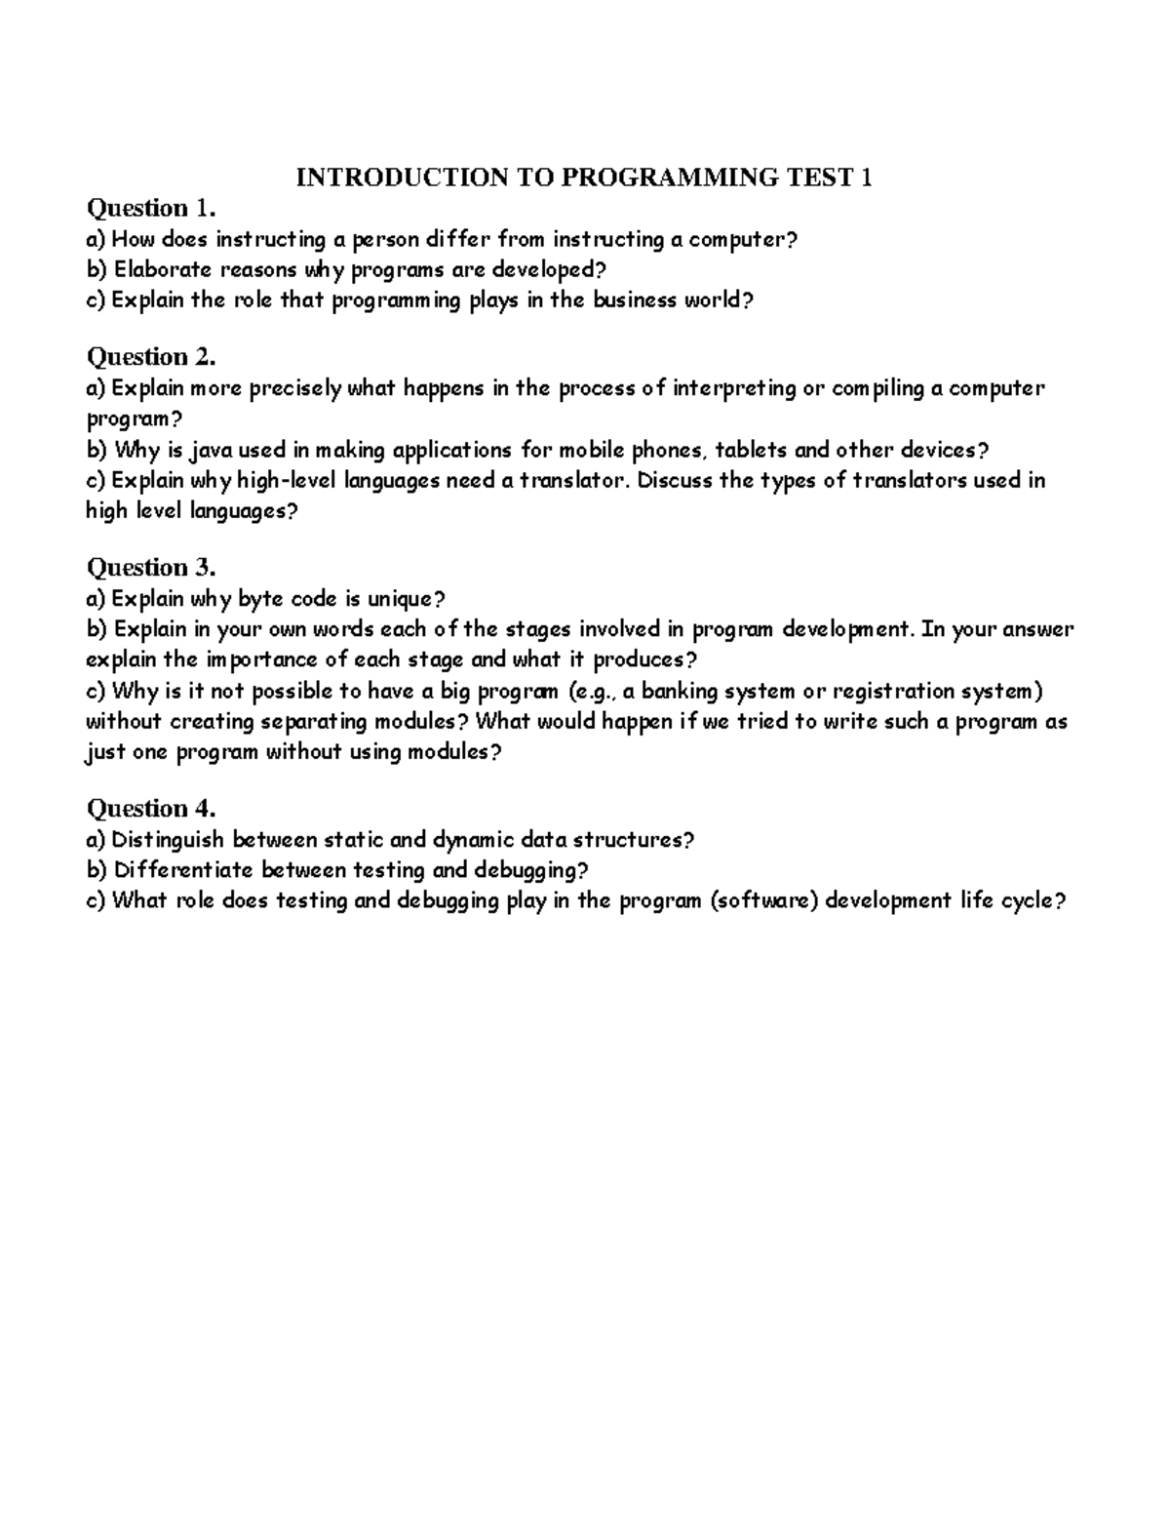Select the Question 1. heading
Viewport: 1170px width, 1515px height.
(150, 208)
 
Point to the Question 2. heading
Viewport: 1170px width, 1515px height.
(150, 356)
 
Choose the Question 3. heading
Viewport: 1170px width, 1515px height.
(150, 567)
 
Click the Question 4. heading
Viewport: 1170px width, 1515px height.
(150, 808)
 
